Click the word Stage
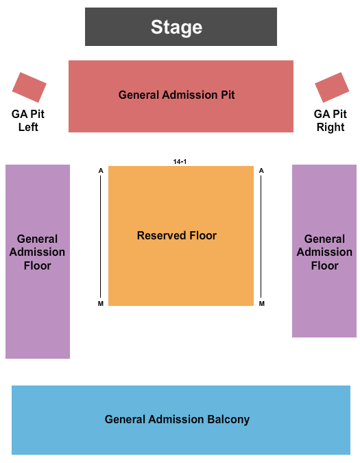coord(176,27)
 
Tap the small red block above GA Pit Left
coord(29,87)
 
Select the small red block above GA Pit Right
coord(332,87)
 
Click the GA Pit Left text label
coord(28,121)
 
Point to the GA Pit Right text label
coord(331,121)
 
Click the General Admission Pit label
coord(176,95)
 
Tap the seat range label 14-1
coord(180,161)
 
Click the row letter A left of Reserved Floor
coord(101,171)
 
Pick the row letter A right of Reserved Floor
coord(261,171)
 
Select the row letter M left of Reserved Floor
coord(101,304)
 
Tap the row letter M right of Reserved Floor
coord(262,304)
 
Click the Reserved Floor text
coord(177,235)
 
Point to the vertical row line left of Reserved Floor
coord(100,237)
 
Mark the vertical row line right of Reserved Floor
coord(261,237)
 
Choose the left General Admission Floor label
coord(37,252)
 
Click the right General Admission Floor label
coord(324,252)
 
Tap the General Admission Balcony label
coord(177,419)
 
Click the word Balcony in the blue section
coord(228,419)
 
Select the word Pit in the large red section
coord(228,95)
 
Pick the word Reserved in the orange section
coord(162,235)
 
